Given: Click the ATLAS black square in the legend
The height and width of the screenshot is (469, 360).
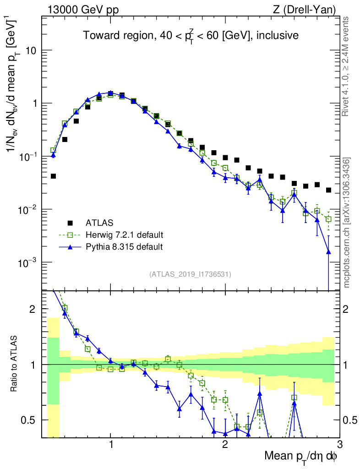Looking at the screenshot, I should click(71, 223).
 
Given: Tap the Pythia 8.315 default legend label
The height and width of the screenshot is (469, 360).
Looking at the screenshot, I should click(124, 247).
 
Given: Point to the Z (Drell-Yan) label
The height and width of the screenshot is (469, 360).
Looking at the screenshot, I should click(305, 9).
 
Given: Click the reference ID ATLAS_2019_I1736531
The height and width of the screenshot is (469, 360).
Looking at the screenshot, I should click(190, 274).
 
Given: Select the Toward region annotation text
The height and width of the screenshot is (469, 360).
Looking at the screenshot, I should click(191, 36).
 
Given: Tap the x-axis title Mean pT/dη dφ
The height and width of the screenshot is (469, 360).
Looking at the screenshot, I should click(301, 456).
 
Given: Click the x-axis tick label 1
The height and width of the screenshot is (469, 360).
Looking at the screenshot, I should click(110, 445).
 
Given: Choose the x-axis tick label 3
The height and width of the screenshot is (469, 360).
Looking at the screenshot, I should click(339, 445).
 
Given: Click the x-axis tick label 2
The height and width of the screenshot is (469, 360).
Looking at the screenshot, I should click(225, 445).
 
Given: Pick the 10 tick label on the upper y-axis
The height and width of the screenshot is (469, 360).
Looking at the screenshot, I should click(30, 50).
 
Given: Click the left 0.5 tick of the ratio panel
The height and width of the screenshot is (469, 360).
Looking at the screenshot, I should click(31, 420).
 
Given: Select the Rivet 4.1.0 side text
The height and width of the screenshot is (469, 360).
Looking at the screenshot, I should click(347, 66).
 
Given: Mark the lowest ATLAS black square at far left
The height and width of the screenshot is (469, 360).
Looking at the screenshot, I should click(53, 176).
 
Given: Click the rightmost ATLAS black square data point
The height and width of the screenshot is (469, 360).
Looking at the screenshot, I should click(328, 190).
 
